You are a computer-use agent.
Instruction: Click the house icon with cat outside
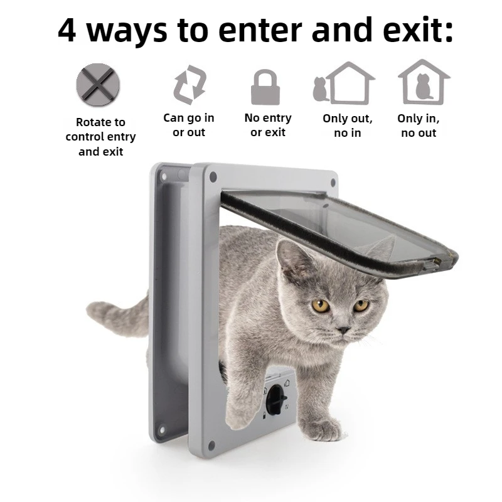[344, 82]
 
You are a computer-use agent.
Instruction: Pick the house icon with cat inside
[424, 82]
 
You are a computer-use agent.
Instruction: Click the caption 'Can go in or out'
[189, 125]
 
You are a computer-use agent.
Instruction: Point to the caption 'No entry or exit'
[268, 125]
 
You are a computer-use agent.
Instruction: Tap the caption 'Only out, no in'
[348, 125]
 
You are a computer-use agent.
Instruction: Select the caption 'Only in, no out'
[419, 125]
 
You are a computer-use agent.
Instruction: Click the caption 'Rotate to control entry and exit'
[100, 137]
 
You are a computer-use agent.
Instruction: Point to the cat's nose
[343, 329]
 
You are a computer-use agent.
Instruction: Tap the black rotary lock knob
[275, 399]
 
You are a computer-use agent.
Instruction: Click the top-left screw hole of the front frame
[211, 177]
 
